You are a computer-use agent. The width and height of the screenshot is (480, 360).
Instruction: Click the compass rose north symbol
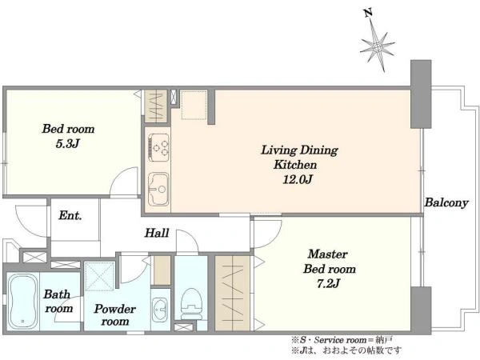coord(378,47)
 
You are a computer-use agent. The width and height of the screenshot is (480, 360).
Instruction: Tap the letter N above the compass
coord(369,13)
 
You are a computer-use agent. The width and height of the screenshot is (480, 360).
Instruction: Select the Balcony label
coord(446,202)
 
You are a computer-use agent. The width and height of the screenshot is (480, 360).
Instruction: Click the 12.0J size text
coord(298,179)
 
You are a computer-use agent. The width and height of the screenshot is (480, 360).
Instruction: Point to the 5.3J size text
coord(68,143)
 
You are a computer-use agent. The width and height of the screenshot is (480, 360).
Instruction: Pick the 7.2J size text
coord(328,283)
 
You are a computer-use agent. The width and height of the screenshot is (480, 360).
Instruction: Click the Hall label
coord(157,233)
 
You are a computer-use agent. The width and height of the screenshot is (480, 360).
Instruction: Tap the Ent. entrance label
coord(70,215)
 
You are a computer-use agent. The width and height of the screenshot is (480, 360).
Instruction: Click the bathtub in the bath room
coord(23,302)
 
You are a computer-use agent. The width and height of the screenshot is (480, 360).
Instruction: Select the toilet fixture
coord(191,304)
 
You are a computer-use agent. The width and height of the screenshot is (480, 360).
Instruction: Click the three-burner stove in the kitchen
coord(158,147)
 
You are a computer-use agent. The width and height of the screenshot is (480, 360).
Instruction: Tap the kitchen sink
coord(158,189)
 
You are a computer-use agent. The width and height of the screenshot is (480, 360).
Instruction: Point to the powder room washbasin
coord(159,309)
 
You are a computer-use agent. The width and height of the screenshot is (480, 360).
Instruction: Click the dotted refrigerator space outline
coord(194,105)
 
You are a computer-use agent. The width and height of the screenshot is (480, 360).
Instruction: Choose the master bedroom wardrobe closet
coord(232,294)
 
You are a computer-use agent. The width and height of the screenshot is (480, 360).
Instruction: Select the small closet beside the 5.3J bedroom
coord(156,106)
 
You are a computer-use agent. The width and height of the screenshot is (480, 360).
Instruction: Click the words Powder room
coord(114,314)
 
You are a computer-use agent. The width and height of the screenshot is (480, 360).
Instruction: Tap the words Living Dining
coord(299,150)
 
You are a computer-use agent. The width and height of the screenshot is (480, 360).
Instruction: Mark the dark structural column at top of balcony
coord(421,94)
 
